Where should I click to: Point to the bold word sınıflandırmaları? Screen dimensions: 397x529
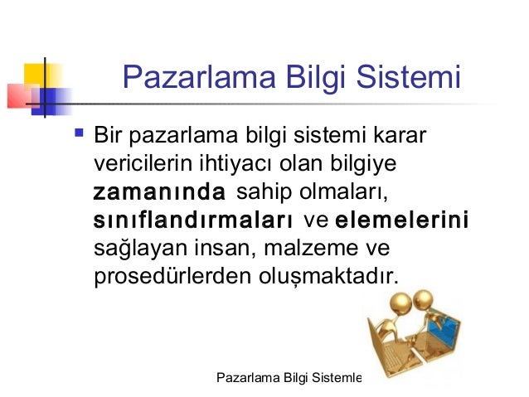click(193, 221)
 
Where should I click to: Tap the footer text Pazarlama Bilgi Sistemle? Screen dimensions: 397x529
click(289, 378)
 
